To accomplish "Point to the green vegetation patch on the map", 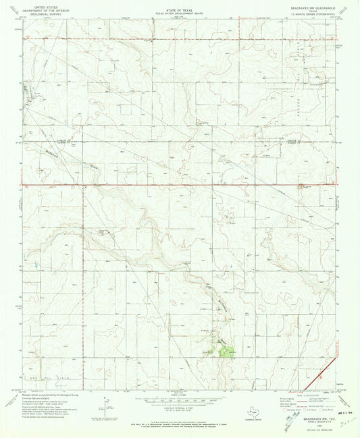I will [227, 349].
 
